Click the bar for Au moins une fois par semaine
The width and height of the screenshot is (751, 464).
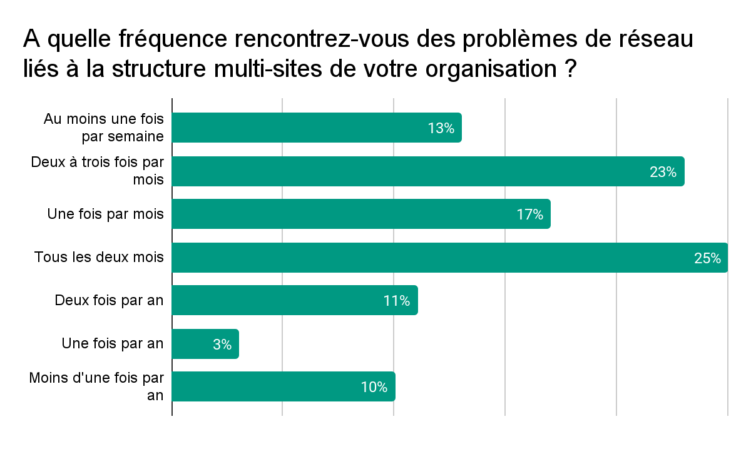point(300,128)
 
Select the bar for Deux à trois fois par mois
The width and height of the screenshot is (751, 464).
point(407,171)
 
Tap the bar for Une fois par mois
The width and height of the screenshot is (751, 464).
point(344,214)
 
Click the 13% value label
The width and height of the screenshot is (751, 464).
point(441,128)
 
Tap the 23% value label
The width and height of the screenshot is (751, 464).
point(663,172)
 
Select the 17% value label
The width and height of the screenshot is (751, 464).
point(529,215)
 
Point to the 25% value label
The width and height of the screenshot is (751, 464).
point(707,258)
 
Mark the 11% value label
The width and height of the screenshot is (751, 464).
point(397,301)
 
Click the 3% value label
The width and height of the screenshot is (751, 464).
point(222,345)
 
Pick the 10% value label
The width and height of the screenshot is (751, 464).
point(374,388)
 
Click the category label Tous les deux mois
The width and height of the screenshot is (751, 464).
point(99,257)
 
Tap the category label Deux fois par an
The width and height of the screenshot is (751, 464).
point(109,300)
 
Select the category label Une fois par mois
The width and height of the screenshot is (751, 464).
point(105,214)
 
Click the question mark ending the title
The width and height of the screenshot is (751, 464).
point(569,68)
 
